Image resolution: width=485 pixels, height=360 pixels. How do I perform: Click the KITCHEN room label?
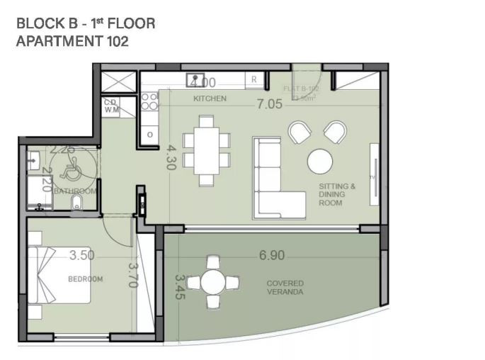[210, 99]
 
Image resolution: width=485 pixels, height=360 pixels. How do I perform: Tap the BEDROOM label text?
[85, 279]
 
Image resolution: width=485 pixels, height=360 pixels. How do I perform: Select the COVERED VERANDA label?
[285, 287]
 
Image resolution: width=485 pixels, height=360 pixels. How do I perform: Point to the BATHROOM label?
[74, 191]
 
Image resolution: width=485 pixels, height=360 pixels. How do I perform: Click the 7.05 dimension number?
[269, 103]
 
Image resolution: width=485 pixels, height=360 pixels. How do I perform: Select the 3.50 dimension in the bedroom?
[82, 254]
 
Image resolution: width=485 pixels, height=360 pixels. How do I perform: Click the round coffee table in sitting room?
[320, 161]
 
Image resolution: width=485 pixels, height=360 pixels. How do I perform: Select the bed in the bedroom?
[60, 274]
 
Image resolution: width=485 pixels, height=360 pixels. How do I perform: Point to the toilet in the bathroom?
[79, 206]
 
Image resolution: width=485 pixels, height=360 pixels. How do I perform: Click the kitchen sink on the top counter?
[194, 80]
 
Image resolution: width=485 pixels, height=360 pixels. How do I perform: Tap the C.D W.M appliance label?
[111, 106]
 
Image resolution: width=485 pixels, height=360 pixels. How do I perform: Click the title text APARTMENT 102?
[72, 41]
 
